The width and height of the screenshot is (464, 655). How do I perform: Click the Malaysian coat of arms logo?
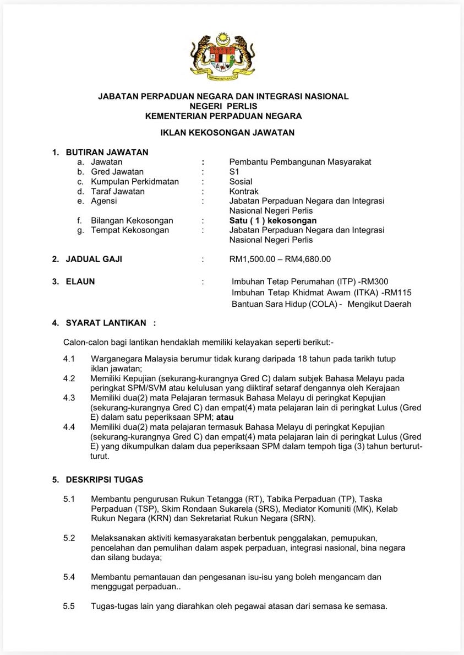tap(223, 56)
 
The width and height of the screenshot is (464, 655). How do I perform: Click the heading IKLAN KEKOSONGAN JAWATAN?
tap(227, 132)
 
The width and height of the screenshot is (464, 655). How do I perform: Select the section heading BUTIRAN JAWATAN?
tap(107, 152)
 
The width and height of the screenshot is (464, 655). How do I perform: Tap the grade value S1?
tap(234, 171)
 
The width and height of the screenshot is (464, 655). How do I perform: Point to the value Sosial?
tap(241, 181)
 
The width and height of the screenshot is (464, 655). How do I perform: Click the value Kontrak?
tap(244, 191)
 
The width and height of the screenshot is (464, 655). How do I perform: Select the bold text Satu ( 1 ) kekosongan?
tap(273, 220)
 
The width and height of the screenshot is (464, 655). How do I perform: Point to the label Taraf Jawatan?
tap(118, 191)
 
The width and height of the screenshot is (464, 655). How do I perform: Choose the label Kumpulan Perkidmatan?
tap(135, 181)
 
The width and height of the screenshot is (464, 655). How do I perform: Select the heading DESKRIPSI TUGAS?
tap(105, 480)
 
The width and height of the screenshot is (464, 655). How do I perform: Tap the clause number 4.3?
tap(69, 397)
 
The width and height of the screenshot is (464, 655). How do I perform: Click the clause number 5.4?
tap(69, 577)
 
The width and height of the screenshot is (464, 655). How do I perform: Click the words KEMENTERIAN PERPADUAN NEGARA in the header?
tap(223, 116)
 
